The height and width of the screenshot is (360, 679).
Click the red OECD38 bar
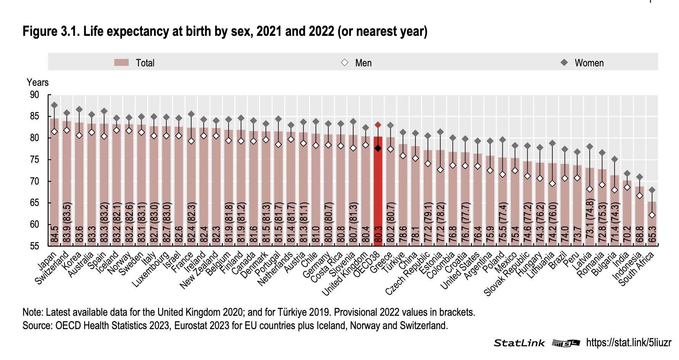click(x=378, y=191)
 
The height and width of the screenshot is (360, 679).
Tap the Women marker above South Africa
click(x=652, y=190)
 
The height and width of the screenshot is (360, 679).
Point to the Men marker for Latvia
click(x=590, y=189)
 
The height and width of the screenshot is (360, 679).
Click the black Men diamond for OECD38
click(x=378, y=148)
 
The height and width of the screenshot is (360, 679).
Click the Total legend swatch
click(x=121, y=63)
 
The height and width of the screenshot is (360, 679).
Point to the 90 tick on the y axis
click(x=34, y=95)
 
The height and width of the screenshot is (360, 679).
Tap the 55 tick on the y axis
click(x=34, y=246)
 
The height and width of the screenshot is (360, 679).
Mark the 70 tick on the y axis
click(x=34, y=181)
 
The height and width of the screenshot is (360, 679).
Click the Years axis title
click(x=37, y=82)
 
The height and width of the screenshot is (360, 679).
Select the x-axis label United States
click(x=460, y=271)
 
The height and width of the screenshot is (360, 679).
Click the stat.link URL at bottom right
click(x=628, y=342)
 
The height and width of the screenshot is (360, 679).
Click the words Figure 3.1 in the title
click(x=51, y=31)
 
